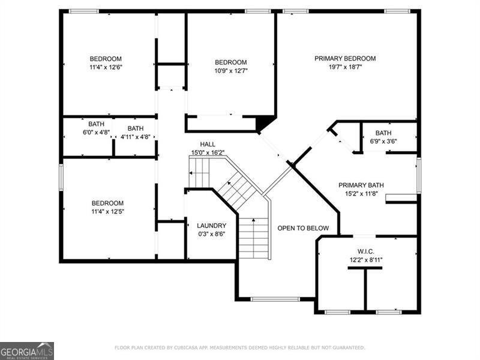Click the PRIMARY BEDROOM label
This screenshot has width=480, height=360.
point(345,58)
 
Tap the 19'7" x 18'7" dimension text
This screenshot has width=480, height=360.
point(346,67)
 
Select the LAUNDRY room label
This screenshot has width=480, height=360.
point(212,226)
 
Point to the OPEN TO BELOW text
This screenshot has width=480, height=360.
point(303,228)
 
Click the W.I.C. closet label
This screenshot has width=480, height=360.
point(366,251)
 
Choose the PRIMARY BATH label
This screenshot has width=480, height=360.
point(361,185)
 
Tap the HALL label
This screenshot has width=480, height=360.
point(208,144)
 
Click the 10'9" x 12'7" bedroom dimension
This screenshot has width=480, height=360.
point(231,71)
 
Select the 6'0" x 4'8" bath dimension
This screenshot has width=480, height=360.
point(96,133)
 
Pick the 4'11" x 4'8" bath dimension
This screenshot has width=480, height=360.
point(136,137)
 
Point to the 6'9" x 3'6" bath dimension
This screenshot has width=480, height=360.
point(383,141)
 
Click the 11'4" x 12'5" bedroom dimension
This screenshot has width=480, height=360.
point(108,212)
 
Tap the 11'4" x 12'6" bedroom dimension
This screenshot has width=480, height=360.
point(106,67)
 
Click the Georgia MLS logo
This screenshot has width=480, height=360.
point(27,351)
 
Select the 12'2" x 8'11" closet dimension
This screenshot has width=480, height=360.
point(366,260)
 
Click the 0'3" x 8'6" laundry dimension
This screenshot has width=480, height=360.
point(212,234)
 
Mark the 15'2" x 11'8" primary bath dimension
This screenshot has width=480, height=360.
point(361,194)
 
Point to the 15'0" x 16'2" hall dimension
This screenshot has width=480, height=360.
point(208,152)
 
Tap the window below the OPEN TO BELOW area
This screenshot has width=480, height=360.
point(275,299)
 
